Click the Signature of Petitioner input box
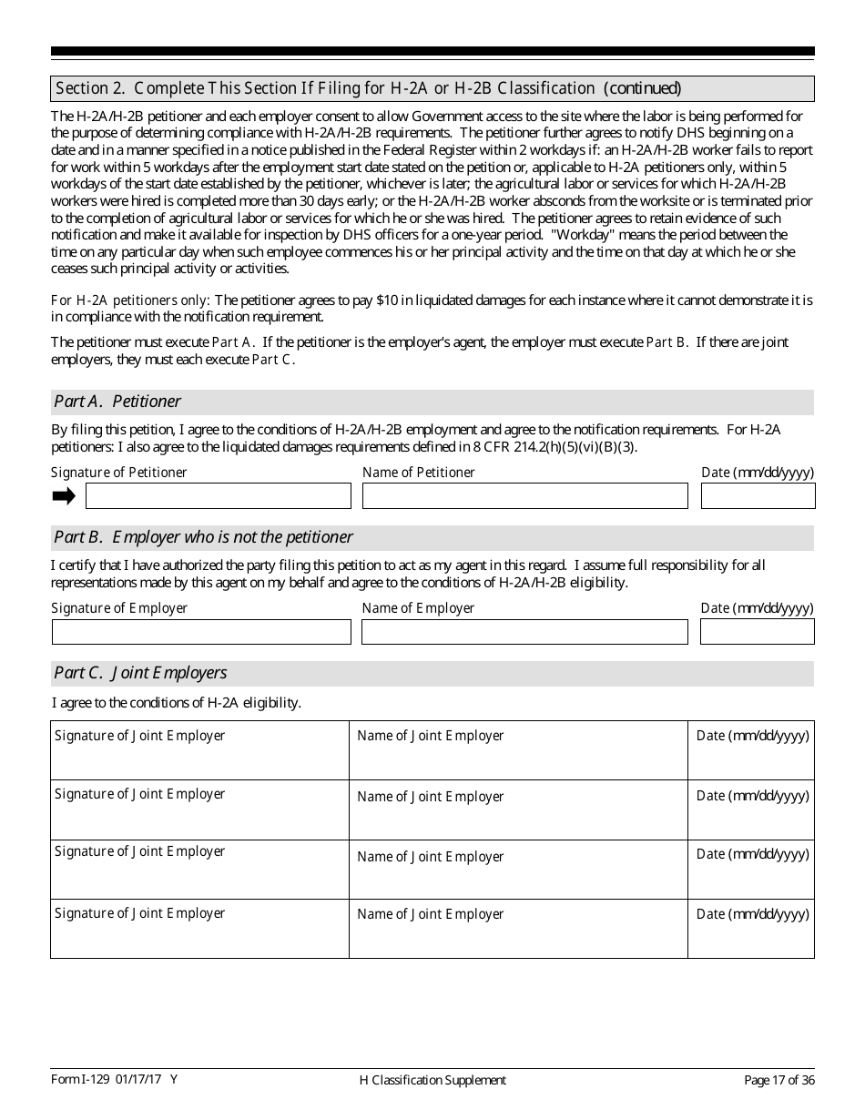click(218, 495)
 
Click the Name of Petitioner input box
click(524, 495)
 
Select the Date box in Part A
click(758, 495)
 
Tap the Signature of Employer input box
click(201, 632)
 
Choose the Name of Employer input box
click(524, 632)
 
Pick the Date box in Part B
click(758, 632)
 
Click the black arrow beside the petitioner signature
click(64, 495)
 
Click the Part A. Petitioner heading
click(117, 402)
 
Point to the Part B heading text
click(203, 537)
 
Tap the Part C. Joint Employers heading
click(140, 673)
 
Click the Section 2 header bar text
click(368, 88)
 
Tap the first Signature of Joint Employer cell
click(199, 750)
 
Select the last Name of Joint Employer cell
click(518, 929)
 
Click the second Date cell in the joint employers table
click(751, 809)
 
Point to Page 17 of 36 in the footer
click(778, 1080)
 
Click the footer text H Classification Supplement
click(432, 1080)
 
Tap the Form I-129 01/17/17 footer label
click(114, 1079)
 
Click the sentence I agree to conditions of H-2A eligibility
click(177, 703)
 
